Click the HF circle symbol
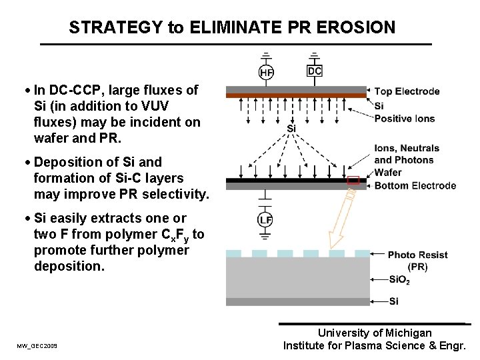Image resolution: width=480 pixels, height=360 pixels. coord(266,72)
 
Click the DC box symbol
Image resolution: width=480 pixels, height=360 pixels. coord(314,71)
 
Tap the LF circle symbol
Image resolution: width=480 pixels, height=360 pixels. coord(265,220)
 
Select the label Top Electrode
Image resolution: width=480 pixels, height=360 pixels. coord(407,91)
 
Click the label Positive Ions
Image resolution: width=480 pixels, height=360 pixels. coord(404,119)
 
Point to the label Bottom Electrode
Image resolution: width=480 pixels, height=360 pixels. coord(415,185)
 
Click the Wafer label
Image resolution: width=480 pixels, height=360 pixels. coord(388,173)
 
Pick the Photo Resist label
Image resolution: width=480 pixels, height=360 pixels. coord(417,255)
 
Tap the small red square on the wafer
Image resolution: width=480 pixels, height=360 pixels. coord(353,180)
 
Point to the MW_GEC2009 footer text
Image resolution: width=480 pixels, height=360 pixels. coord(37,346)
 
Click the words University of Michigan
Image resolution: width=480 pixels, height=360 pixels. coord(375,333)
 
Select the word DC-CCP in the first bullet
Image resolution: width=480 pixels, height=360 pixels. coord(74,90)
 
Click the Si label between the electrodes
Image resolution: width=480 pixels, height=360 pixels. coord(291,128)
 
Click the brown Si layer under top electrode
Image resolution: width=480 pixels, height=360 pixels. coord(296,96)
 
